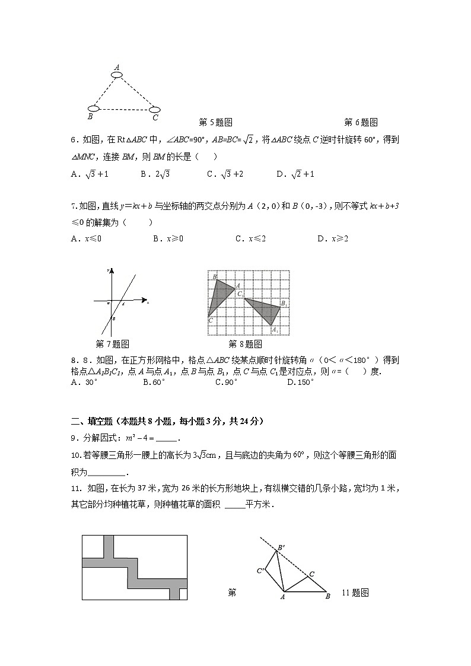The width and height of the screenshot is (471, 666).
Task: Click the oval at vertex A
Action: tap(117, 75)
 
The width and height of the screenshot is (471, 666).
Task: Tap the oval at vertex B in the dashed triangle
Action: tap(93, 109)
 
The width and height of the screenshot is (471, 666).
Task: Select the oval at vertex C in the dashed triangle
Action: tap(154, 109)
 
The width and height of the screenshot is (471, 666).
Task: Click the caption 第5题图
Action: tap(215, 123)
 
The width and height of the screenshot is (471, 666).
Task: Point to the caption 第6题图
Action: tap(361, 123)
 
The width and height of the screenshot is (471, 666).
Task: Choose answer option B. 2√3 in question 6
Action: tap(155, 174)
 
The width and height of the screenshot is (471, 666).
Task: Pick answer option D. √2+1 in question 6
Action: tap(295, 174)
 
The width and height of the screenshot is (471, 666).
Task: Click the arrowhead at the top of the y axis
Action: tap(111, 271)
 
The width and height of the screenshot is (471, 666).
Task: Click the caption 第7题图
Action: tap(112, 344)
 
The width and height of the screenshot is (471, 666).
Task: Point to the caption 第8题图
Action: tap(245, 344)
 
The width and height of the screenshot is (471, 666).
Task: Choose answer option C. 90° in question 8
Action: tap(227, 383)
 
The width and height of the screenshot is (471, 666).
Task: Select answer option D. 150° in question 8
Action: tap(300, 383)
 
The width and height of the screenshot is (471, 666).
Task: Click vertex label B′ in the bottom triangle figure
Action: tap(281, 547)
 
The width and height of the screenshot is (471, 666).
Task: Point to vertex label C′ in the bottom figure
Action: tap(260, 571)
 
